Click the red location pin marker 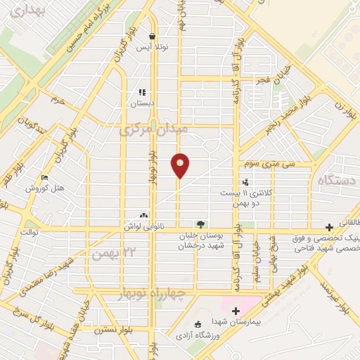(180, 166)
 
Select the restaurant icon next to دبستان (142, 91)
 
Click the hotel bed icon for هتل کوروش (45, 178)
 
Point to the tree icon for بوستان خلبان (202, 224)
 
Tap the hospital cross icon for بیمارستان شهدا (236, 311)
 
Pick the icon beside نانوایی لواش (144, 216)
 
